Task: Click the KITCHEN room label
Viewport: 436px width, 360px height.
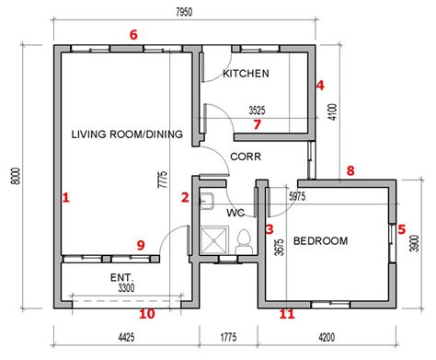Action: pyautogui.click(x=246, y=74)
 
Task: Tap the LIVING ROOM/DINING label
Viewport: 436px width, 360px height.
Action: pyautogui.click(x=127, y=134)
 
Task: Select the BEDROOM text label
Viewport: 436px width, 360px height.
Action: pyautogui.click(x=321, y=240)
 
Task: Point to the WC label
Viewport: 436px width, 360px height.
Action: pyautogui.click(x=235, y=213)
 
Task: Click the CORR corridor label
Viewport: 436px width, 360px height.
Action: pyautogui.click(x=246, y=157)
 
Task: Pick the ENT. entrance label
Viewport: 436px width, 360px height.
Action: pyautogui.click(x=122, y=278)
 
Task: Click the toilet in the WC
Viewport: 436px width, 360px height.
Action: pyautogui.click(x=244, y=241)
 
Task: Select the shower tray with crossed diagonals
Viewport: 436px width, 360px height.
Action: pyautogui.click(x=214, y=240)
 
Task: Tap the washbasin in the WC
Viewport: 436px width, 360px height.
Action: pyautogui.click(x=207, y=201)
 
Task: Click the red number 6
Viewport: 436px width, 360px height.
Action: pyautogui.click(x=133, y=35)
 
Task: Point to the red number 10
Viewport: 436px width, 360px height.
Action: pyautogui.click(x=147, y=314)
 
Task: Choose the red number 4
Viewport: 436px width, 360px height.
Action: pyautogui.click(x=320, y=86)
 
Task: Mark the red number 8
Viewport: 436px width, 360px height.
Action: pyautogui.click(x=350, y=170)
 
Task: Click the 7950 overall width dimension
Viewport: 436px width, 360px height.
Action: pyautogui.click(x=184, y=12)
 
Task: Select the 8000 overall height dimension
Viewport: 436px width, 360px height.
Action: pyautogui.click(x=15, y=176)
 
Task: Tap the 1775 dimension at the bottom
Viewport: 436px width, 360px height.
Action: pyautogui.click(x=228, y=338)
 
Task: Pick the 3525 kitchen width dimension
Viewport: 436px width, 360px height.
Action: pyautogui.click(x=257, y=110)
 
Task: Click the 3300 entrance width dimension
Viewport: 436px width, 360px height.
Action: pyautogui.click(x=126, y=288)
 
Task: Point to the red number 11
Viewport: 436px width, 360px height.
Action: pyautogui.click(x=287, y=314)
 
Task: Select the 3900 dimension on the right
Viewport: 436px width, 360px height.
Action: pyautogui.click(x=415, y=243)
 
